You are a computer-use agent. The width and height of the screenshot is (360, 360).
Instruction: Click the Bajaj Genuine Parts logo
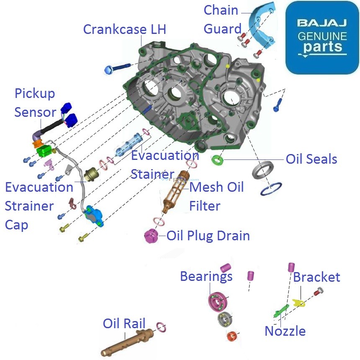322,38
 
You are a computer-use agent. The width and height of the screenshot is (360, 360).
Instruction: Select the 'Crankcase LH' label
124,29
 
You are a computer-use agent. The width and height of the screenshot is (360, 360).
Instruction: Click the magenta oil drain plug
150,236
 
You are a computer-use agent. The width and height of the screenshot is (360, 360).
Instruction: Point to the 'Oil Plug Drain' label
208,236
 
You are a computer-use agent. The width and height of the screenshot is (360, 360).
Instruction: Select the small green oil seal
217,160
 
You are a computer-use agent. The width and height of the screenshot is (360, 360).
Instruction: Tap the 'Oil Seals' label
311,159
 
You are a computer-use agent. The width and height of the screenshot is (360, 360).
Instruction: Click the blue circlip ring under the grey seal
271,189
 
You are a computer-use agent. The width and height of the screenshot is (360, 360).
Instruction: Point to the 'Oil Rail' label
124,323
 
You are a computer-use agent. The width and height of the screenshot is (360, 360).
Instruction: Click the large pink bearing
218,301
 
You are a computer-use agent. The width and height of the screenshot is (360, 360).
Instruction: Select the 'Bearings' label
206,276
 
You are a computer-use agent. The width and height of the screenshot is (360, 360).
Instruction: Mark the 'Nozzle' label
285,331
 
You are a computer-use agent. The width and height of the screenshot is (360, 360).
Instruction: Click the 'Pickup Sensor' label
35,103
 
